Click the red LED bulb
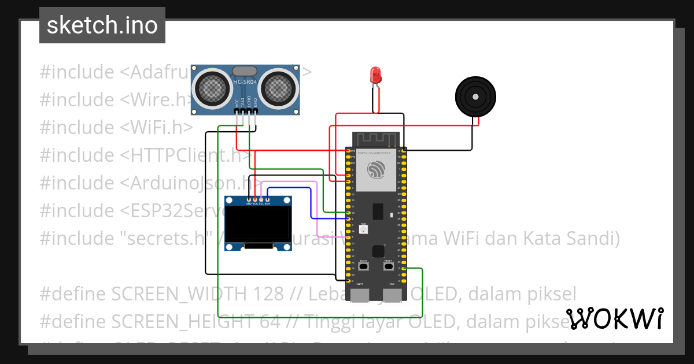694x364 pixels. [376, 75]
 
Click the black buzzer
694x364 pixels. [475, 96]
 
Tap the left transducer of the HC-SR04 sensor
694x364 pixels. [212, 87]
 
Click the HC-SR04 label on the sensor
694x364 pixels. [245, 82]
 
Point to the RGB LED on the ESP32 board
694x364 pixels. [363, 230]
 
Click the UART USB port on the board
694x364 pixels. [360, 295]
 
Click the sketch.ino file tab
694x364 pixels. [102, 25]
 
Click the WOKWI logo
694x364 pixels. [614, 318]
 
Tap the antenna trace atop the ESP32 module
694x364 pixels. [377, 139]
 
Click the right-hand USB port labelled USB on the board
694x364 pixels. [393, 295]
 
